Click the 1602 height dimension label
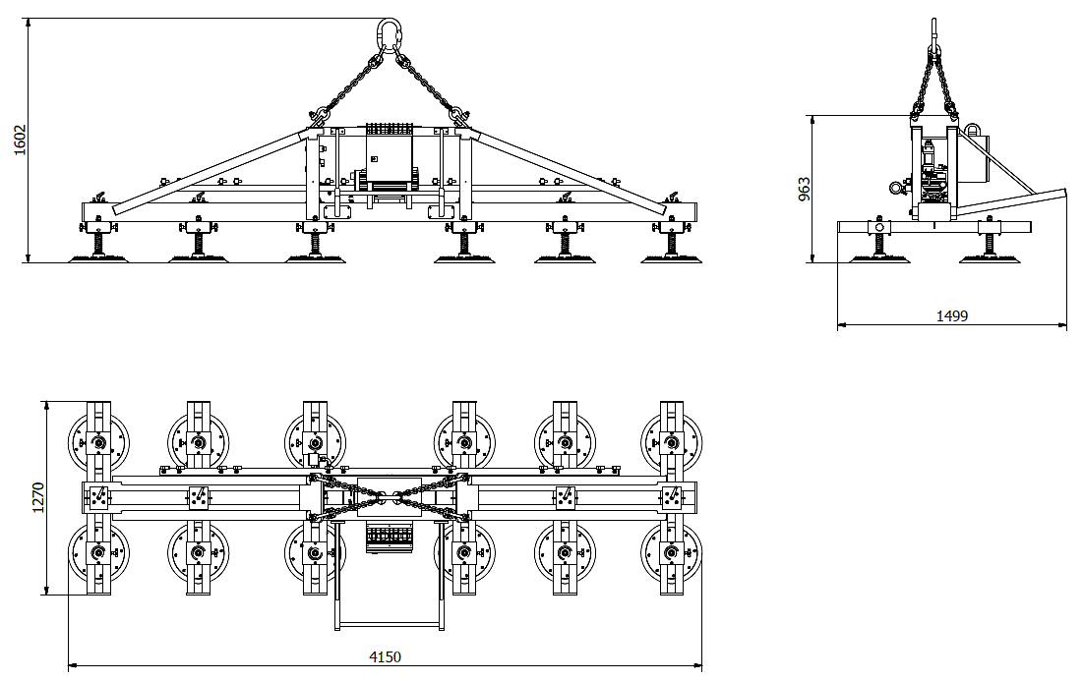click(20, 141)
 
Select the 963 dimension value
click(804, 189)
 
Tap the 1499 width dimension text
click(952, 316)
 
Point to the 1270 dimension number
click(37, 497)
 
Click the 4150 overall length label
click(385, 656)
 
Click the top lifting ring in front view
click(391, 34)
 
